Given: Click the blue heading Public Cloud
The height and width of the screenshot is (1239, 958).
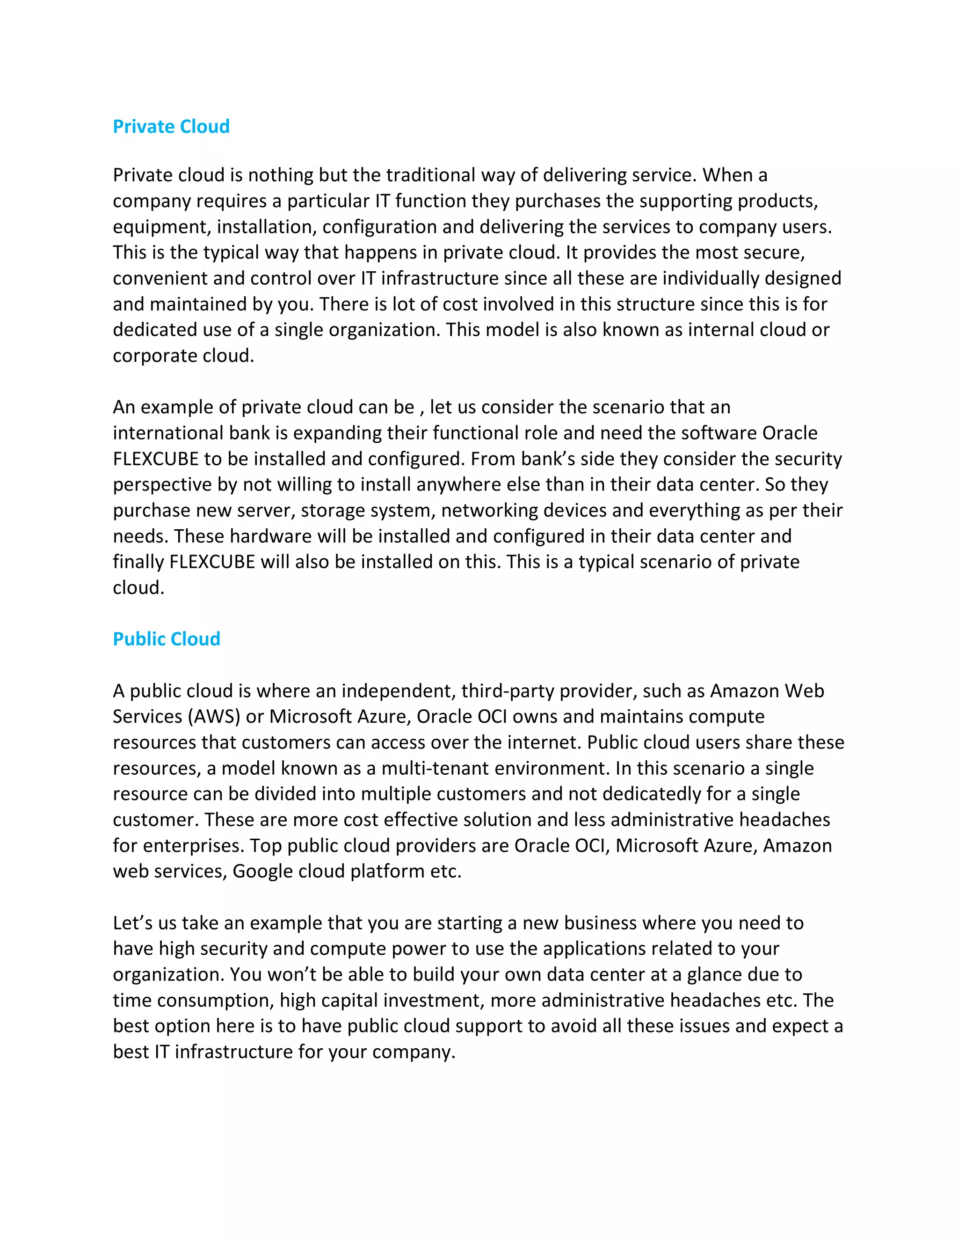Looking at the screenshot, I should coord(166,639).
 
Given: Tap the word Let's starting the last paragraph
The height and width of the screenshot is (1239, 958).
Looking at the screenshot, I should coord(133,923).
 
